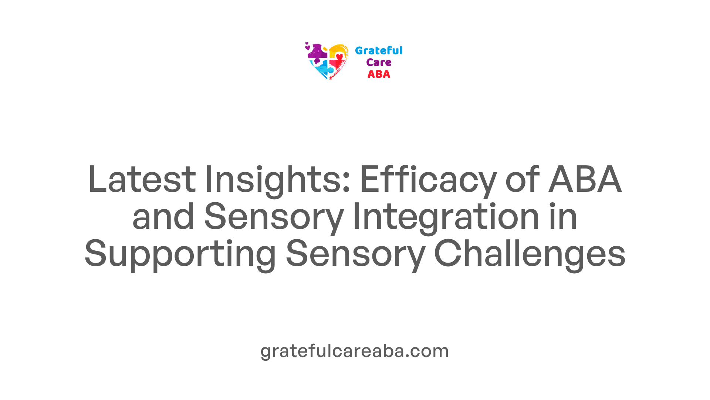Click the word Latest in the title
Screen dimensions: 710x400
coord(142,179)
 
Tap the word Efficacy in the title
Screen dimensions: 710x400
coord(428,181)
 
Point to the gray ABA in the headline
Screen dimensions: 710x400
coord(585,179)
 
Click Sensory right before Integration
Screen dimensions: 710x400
coord(274,218)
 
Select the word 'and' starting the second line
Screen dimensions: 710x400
coord(163,216)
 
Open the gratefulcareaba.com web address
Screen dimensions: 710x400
coord(355,351)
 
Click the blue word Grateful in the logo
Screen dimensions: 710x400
coord(379,50)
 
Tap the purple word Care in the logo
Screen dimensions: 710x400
coord(379,63)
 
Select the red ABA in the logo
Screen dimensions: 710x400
coord(379,74)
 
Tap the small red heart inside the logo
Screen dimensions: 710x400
coord(339,57)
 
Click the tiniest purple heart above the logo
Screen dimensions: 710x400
coord(307,43)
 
